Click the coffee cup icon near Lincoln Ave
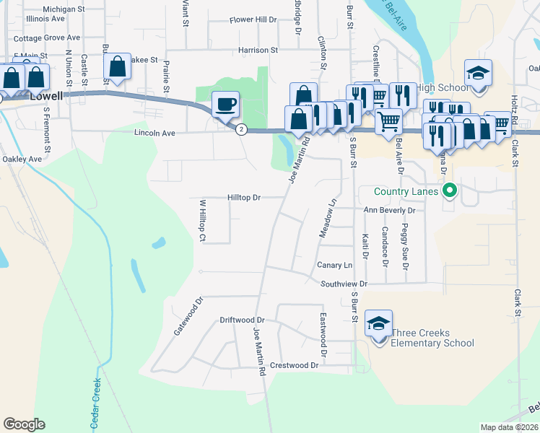click(x=225, y=104)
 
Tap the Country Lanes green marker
click(x=450, y=191)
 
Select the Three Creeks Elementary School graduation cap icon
click(x=378, y=324)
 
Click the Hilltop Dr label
click(x=244, y=197)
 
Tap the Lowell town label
click(x=48, y=95)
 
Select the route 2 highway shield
click(x=241, y=129)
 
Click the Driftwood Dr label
click(x=243, y=320)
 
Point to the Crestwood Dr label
click(x=294, y=365)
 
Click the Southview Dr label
click(x=344, y=284)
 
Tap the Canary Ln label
click(x=335, y=266)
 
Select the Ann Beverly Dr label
click(x=390, y=210)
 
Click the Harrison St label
click(x=258, y=51)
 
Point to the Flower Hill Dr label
click(x=253, y=20)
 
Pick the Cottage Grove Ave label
click(x=46, y=38)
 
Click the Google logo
click(x=24, y=424)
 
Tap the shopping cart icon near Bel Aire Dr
click(x=388, y=120)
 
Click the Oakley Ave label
click(x=22, y=159)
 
